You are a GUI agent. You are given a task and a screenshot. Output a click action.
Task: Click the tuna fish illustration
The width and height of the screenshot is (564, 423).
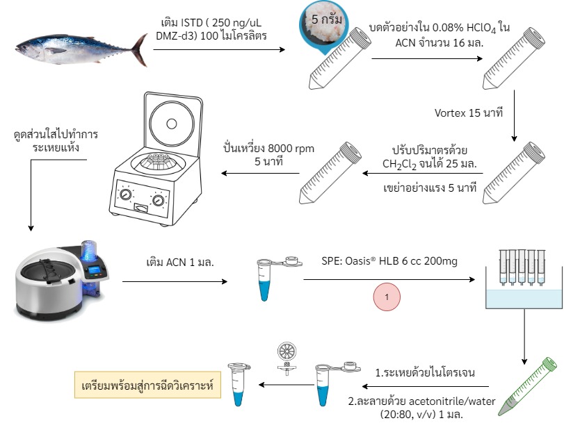click(81, 49)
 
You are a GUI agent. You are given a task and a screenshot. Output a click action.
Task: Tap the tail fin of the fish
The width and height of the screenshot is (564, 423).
click(140, 50)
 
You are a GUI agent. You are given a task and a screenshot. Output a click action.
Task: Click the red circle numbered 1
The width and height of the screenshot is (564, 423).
click(387, 297)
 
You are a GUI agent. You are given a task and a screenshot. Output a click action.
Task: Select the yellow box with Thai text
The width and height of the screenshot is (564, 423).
click(147, 385)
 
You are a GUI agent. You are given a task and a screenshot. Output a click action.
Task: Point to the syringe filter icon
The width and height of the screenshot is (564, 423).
click(287, 358)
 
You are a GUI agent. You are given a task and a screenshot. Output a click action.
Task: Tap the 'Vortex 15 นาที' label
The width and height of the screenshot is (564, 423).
click(468, 113)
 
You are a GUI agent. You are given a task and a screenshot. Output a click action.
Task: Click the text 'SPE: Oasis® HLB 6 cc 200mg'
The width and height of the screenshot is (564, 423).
click(389, 260)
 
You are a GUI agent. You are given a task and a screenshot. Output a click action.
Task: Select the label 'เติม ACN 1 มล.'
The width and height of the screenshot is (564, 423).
click(180, 262)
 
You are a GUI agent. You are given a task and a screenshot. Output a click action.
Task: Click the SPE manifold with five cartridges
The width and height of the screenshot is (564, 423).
click(524, 279)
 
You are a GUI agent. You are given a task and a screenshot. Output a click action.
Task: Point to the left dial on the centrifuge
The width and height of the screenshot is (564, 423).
click(125, 194)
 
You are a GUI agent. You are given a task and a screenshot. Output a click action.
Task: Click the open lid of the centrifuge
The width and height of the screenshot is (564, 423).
click(172, 122)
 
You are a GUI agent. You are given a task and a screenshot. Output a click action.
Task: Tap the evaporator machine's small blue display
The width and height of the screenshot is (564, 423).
click(94, 269)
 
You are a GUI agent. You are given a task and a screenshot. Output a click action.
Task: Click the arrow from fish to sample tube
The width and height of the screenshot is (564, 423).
click(219, 49)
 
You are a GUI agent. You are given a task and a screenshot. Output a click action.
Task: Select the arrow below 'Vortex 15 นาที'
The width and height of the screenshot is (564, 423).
click(514, 115)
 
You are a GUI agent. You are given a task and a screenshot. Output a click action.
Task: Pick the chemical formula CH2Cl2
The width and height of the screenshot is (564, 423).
click(399, 164)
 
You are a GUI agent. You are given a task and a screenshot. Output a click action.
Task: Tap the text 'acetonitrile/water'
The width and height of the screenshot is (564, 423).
click(452, 401)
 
